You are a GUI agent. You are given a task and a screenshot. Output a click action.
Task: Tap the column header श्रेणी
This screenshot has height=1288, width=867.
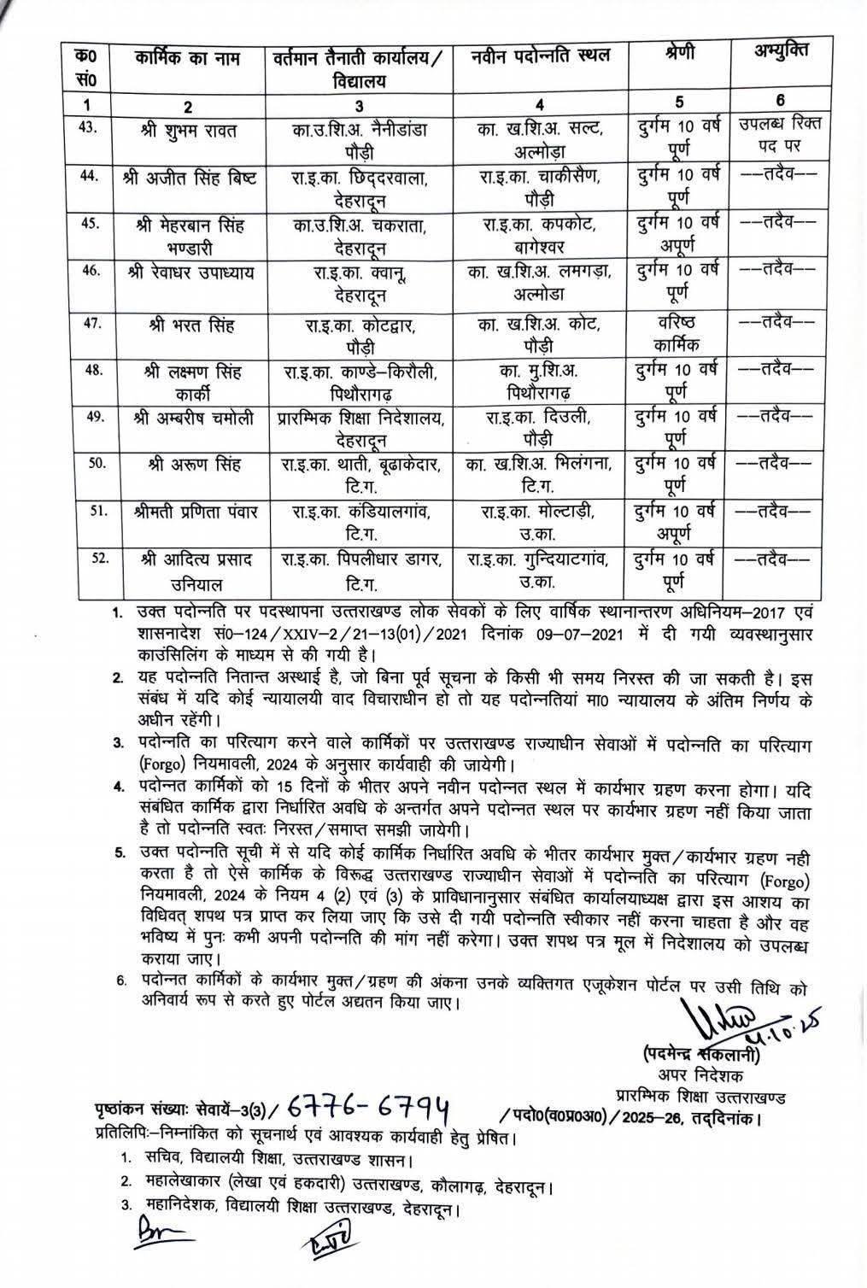click(x=679, y=54)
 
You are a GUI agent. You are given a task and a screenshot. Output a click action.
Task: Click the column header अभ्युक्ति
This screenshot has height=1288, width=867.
click(x=780, y=50)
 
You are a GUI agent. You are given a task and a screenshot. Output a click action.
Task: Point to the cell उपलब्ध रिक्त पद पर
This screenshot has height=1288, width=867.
click(x=780, y=134)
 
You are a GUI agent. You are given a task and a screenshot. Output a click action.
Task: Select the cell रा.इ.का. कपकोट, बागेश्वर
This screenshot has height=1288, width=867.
click(x=539, y=235)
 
